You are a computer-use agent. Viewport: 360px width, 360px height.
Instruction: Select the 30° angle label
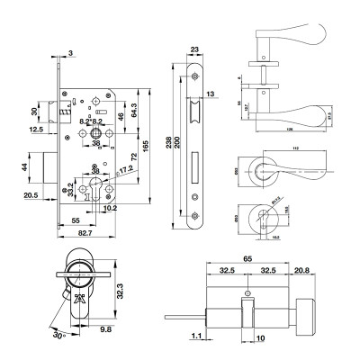click(58, 336)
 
